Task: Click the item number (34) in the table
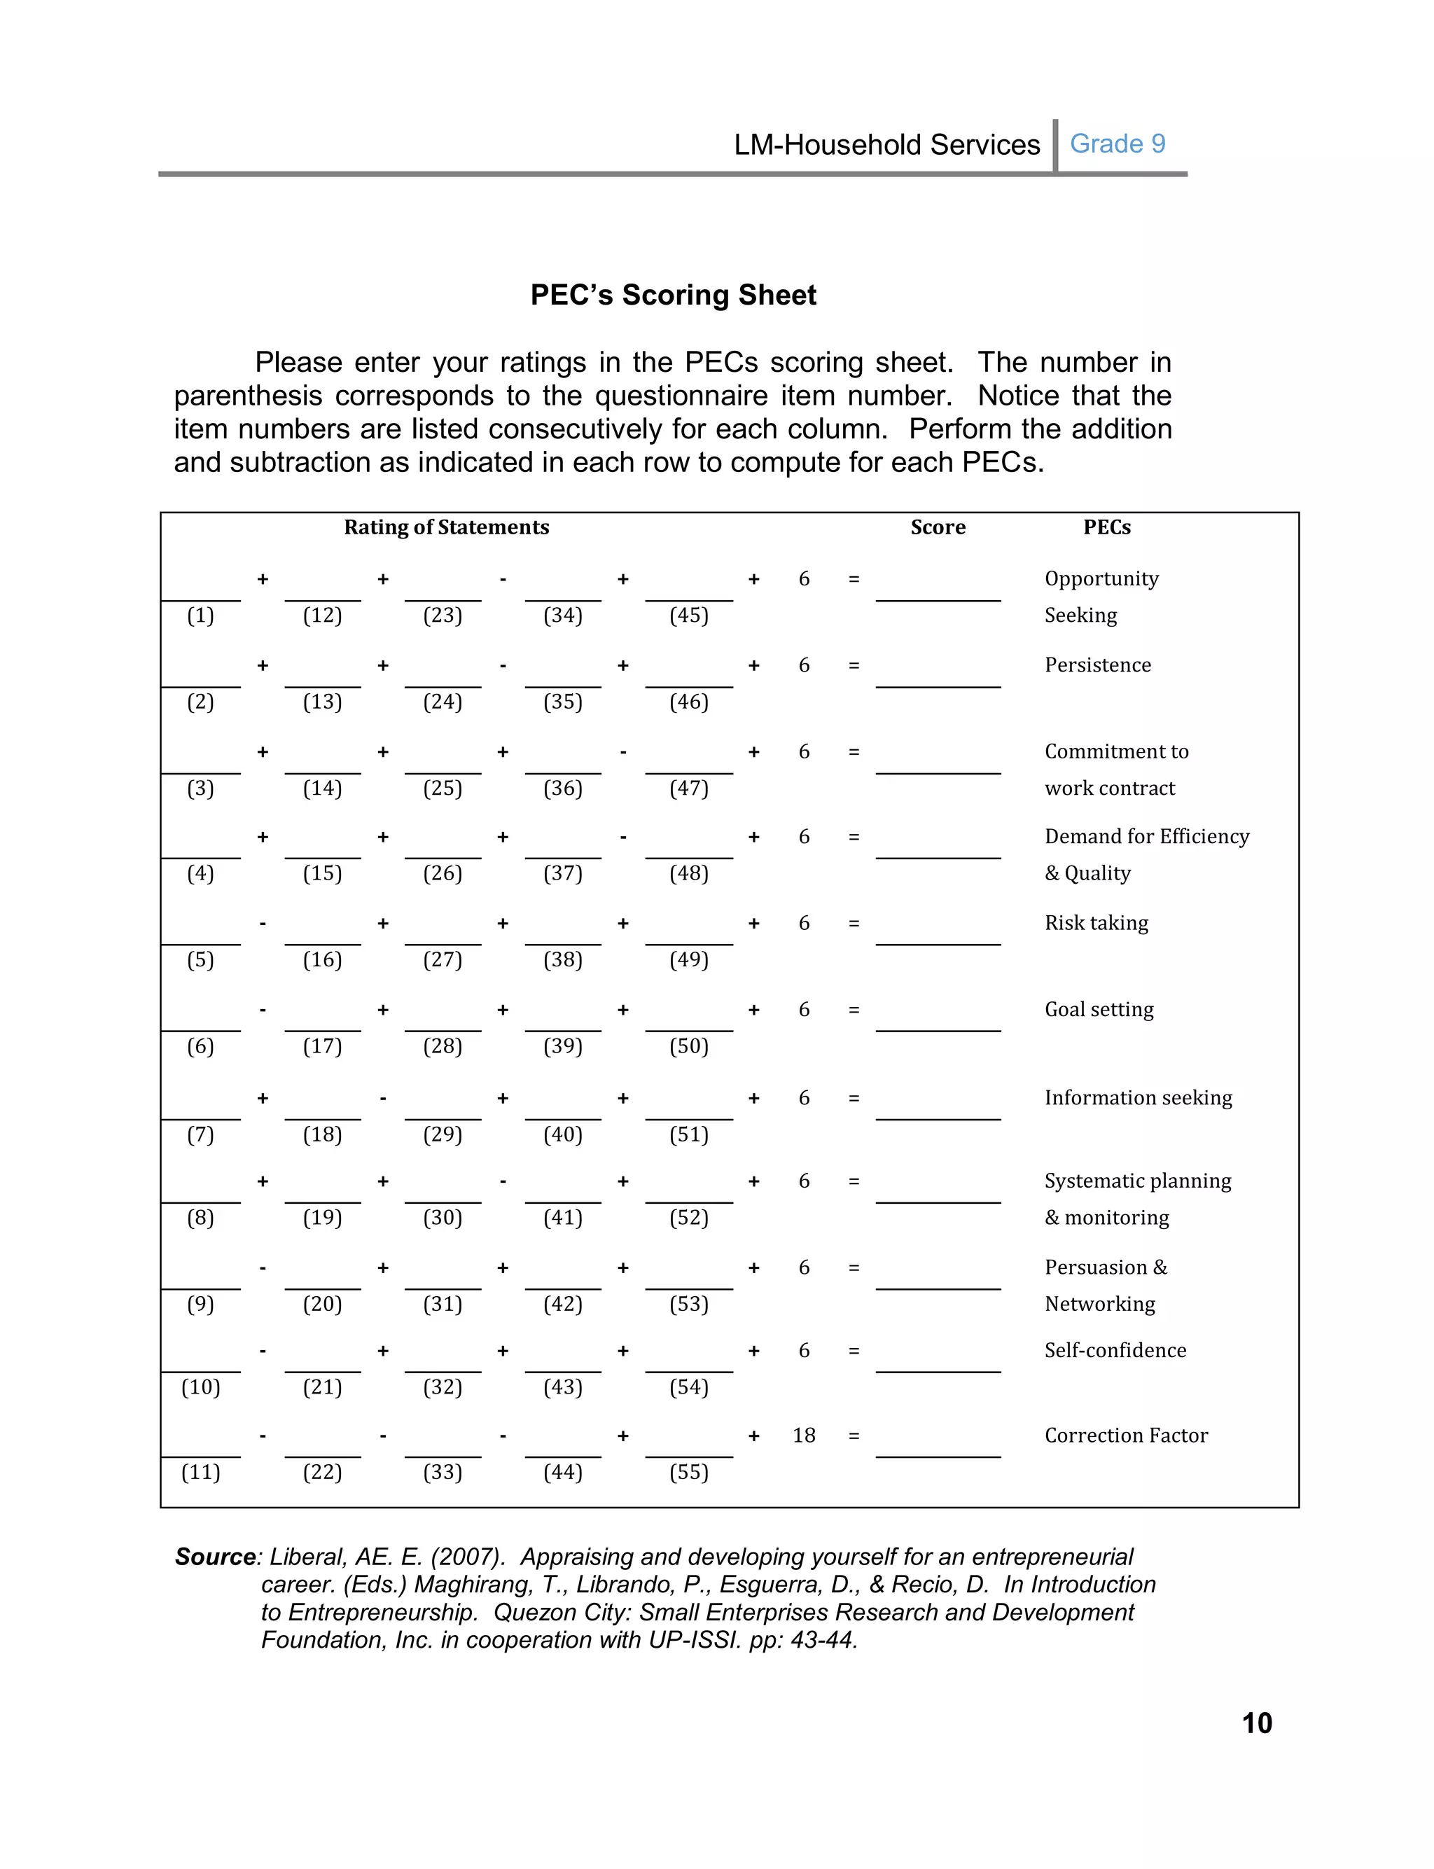(x=562, y=616)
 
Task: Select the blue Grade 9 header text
(x=1118, y=144)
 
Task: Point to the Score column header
(x=938, y=527)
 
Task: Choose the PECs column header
(x=1106, y=527)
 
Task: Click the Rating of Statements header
(x=447, y=527)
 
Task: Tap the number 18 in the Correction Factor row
(x=803, y=1436)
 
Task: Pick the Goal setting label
(x=1099, y=1010)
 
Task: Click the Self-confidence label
(x=1115, y=1350)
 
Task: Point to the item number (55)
(x=689, y=1472)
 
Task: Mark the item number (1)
(x=200, y=616)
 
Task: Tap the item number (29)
(x=442, y=1134)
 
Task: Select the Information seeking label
(x=1138, y=1097)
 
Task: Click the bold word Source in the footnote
(x=215, y=1557)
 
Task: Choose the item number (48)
(x=689, y=873)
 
